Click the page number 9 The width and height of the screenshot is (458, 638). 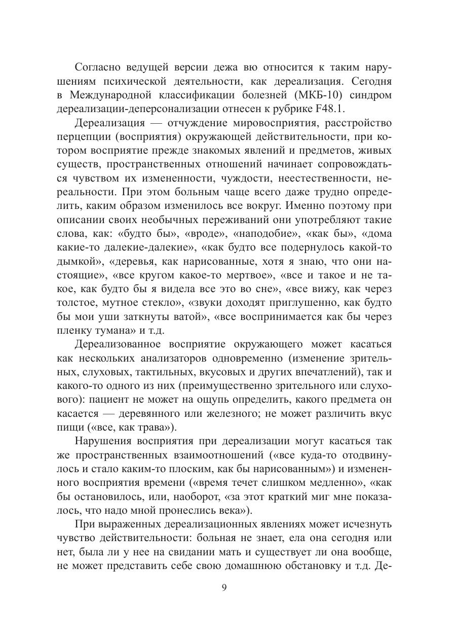[x=224, y=588]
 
